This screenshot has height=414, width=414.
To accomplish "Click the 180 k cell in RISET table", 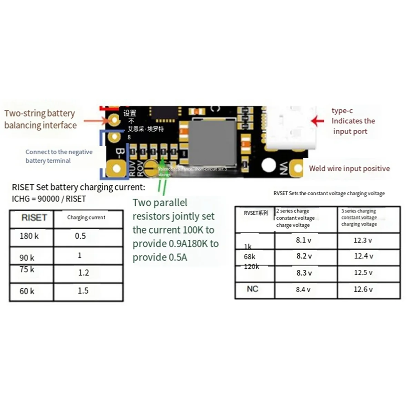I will (29, 236).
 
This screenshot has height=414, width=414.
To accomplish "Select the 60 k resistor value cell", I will (27, 291).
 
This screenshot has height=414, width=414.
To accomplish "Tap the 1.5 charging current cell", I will (83, 291).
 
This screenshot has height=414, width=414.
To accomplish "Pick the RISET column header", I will (34, 218).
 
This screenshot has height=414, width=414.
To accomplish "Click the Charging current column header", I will (86, 217).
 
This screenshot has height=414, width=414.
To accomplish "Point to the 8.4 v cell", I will (303, 290).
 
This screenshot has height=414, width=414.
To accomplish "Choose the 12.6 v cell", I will (363, 289).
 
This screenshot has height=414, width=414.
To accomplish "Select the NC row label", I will (253, 289).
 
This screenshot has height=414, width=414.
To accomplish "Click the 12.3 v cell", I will (363, 240).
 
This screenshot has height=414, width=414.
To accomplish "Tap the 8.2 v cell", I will (304, 256).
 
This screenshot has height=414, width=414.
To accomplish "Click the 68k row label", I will (249, 257).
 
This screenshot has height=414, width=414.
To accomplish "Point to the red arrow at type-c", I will (317, 121).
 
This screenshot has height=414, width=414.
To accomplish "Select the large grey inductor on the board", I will (213, 143).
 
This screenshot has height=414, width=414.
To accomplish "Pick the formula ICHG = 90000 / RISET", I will (49, 199).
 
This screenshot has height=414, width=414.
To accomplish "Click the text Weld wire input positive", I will (349, 169).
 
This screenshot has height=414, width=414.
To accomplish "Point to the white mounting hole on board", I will (268, 165).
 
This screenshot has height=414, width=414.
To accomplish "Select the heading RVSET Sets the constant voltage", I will (329, 194).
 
